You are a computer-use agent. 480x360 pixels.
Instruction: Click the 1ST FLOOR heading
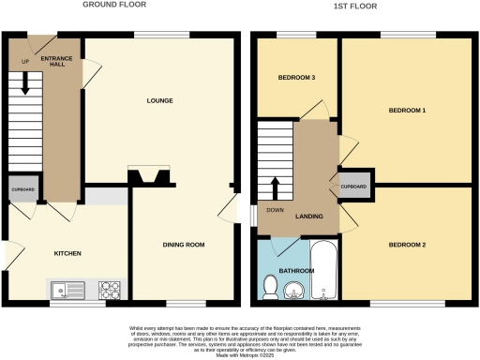click(360, 5)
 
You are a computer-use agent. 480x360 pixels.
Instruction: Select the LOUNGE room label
click(158, 100)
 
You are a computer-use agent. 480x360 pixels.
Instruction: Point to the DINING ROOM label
click(184, 245)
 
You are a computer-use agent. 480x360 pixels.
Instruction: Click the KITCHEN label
click(67, 254)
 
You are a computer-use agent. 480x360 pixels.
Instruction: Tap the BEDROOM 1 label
click(407, 112)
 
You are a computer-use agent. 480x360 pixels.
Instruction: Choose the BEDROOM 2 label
click(407, 245)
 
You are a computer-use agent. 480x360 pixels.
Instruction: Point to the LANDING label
click(309, 217)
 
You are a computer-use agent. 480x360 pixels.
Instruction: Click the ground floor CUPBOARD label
click(23, 188)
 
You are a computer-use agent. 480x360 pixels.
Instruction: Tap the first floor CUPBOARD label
click(354, 186)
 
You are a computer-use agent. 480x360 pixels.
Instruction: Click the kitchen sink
click(67, 290)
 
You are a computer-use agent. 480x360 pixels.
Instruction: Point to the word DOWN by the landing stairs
click(275, 210)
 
